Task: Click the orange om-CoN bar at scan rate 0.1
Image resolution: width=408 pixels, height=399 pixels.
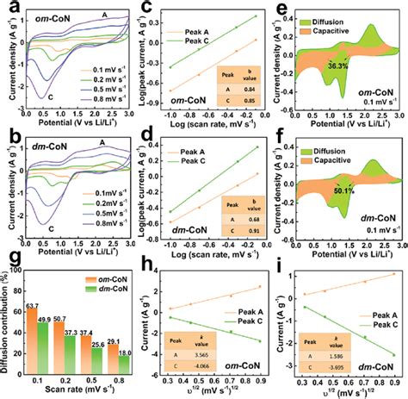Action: [x=34, y=340]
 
